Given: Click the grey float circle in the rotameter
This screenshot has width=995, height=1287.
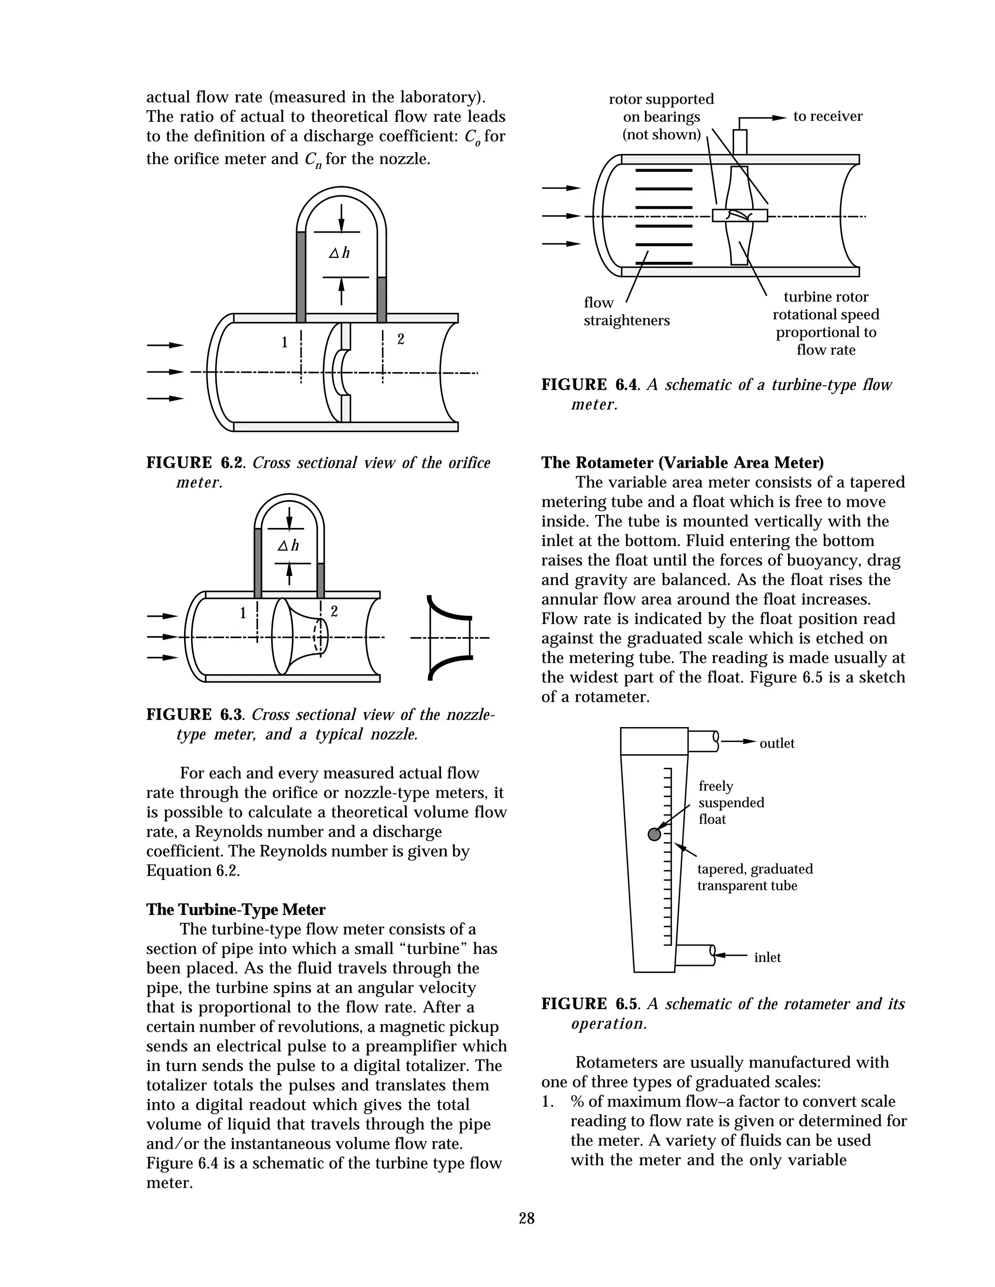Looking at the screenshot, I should pyautogui.click(x=654, y=834).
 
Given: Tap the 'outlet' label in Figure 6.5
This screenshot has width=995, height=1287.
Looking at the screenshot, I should pyautogui.click(x=777, y=744).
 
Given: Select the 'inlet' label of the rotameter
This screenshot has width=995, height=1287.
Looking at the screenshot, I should pyautogui.click(x=768, y=958).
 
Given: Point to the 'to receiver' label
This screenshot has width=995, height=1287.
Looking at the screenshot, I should pyautogui.click(x=827, y=117).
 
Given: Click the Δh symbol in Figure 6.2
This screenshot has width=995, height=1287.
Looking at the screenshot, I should pyautogui.click(x=339, y=254).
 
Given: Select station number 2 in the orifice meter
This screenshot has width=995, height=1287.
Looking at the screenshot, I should pyautogui.click(x=401, y=339).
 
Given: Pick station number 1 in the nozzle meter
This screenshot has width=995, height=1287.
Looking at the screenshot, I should pyautogui.click(x=243, y=613).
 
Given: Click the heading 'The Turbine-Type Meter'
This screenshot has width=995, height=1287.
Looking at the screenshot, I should pyautogui.click(x=236, y=909).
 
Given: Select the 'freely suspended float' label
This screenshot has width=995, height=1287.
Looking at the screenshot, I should pyautogui.click(x=730, y=803).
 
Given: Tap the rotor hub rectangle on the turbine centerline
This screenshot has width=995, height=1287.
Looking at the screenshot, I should pyautogui.click(x=740, y=216).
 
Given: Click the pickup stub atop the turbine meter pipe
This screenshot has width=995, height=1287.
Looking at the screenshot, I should pyautogui.click(x=740, y=142).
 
